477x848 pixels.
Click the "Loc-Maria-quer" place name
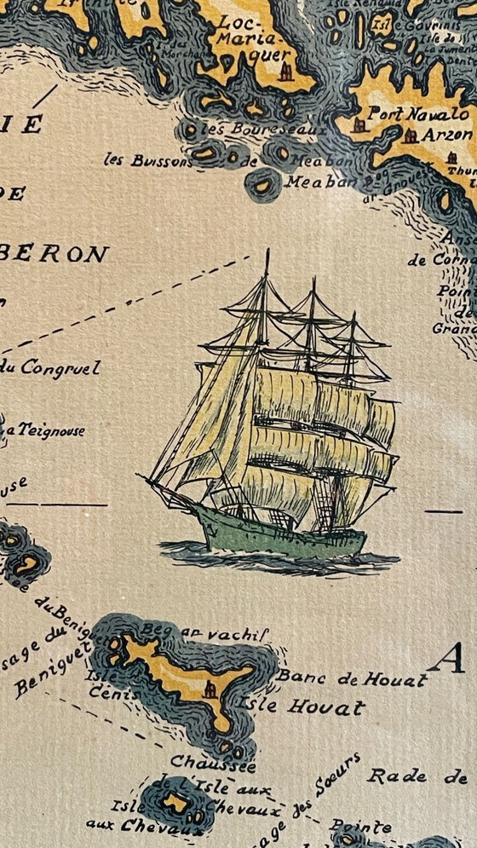tap(254, 37)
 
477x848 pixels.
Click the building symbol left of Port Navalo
tap(359, 125)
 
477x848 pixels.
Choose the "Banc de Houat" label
tap(351, 678)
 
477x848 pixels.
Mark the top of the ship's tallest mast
tap(267, 251)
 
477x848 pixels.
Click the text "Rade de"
tap(417, 776)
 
